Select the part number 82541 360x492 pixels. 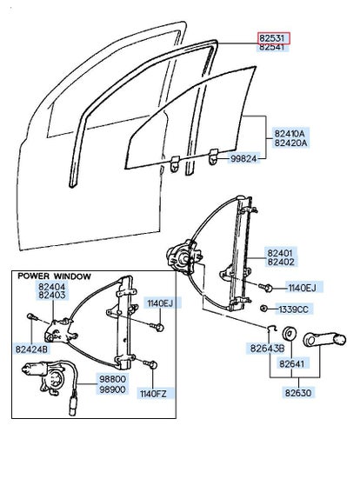click(272, 48)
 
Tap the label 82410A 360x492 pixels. click(290, 133)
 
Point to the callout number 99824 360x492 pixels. click(243, 158)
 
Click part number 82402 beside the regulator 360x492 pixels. click(281, 262)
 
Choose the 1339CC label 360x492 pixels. click(293, 309)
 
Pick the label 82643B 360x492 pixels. click(267, 348)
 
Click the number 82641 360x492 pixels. click(292, 363)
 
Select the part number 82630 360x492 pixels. click(298, 393)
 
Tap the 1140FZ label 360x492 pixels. click(153, 394)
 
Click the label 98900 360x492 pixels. click(112, 389)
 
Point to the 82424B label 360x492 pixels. click(31, 349)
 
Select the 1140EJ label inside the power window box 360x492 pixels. click(160, 303)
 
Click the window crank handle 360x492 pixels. click(324, 340)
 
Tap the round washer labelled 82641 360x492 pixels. click(290, 334)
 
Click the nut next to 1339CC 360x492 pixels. click(263, 309)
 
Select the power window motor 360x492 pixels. click(44, 376)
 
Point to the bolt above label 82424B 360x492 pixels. click(32, 317)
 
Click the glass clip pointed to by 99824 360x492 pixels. click(214, 156)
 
